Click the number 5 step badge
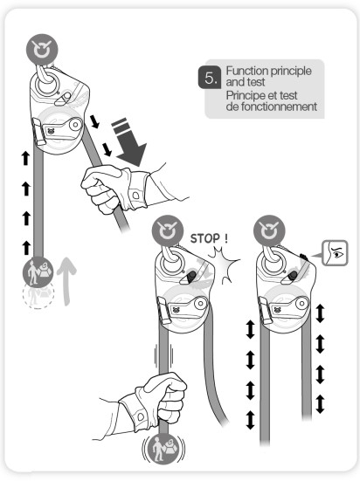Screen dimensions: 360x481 click(210, 78)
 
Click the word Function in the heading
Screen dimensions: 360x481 click(246, 71)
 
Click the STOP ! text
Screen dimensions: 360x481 click(209, 238)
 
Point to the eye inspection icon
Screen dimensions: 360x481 click(335, 253)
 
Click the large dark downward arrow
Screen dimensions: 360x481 click(129, 142)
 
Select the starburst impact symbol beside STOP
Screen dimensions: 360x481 click(225, 265)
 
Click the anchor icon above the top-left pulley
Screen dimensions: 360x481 click(42, 50)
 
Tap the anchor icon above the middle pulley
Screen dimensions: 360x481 click(168, 230)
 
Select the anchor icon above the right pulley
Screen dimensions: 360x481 click(269, 230)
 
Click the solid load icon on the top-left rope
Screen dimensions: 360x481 click(38, 271)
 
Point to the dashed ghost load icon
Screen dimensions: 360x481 click(38, 294)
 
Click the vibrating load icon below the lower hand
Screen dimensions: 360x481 click(163, 449)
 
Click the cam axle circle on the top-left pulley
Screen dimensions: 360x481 click(75, 125)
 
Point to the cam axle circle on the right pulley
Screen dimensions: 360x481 click(302, 304)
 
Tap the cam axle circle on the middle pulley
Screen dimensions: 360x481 click(201, 304)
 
